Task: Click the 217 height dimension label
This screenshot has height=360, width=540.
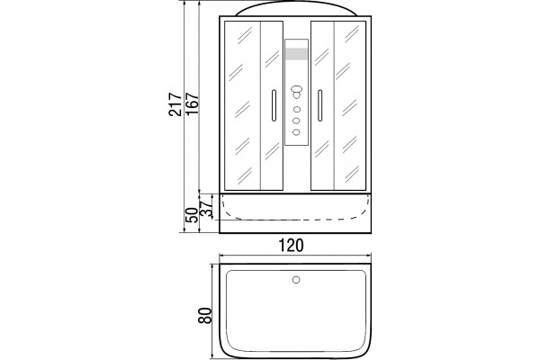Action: click(175, 104)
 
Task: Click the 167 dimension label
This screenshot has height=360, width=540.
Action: click(193, 104)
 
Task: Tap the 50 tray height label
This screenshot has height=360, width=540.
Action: click(193, 215)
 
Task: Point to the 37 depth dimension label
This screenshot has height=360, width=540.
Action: click(207, 209)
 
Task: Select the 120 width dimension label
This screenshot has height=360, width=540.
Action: click(291, 246)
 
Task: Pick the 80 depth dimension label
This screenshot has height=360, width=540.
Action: click(204, 315)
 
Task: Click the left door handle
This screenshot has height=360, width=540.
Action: click(274, 105)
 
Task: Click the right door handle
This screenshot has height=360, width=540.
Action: click(319, 105)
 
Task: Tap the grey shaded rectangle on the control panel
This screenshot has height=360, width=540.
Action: click(296, 54)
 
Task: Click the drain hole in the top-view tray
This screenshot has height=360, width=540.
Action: click(296, 279)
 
